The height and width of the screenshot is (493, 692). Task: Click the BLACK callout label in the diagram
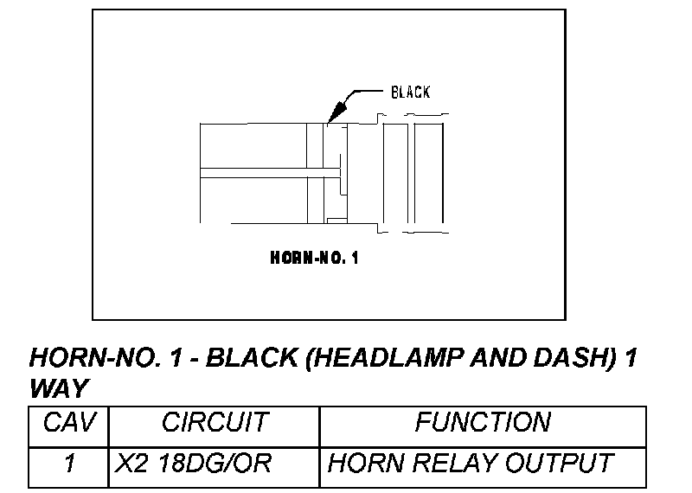pos(410,92)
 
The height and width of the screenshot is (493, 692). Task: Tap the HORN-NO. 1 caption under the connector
pos(315,258)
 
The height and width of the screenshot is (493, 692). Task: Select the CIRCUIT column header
pos(215,422)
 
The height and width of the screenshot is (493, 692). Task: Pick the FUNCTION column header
pos(483,422)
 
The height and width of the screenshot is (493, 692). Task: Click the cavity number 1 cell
pos(69,464)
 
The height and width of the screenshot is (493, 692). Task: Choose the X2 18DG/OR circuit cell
pos(194,464)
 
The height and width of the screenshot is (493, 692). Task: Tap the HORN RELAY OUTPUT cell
pos(471,464)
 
